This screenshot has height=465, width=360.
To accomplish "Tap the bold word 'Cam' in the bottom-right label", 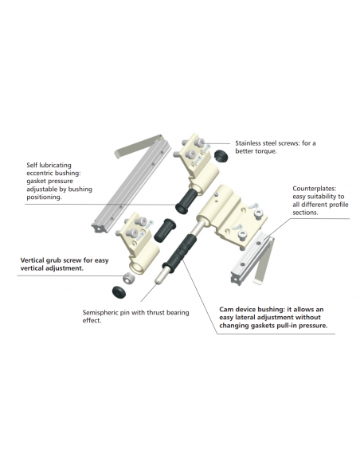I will pyautogui.click(x=227, y=309).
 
